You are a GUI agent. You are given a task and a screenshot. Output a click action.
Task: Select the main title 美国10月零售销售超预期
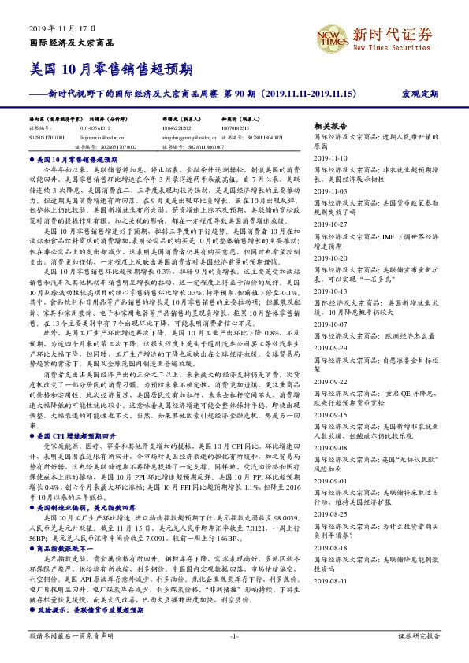coord(111,68)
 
